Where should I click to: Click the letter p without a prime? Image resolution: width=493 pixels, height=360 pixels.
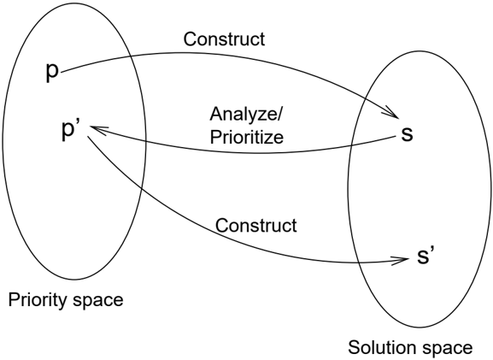(52, 73)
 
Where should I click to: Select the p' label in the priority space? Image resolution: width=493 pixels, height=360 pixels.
(72, 130)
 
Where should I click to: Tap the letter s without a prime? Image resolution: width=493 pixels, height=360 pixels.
(407, 134)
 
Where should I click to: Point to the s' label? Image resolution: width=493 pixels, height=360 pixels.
(426, 256)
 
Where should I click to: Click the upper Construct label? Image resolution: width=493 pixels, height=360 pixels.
(224, 39)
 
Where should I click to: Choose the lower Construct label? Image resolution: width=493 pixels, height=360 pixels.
(256, 225)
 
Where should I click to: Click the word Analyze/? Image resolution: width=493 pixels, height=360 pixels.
(246, 114)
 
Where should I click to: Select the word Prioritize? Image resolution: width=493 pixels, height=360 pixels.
(247, 137)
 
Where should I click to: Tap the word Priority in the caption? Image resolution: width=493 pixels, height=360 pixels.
(38, 300)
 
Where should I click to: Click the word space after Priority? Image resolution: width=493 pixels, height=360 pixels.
(97, 301)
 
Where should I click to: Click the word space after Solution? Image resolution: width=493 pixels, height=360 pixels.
(447, 349)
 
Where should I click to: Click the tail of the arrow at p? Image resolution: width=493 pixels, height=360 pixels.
(62, 73)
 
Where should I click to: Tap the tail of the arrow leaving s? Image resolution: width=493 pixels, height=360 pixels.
(395, 137)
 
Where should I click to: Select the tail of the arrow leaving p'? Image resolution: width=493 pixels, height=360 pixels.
(88, 137)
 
